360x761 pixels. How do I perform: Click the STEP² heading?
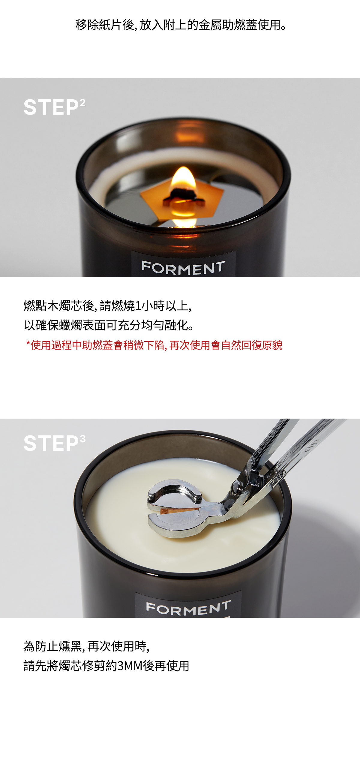tap(54, 107)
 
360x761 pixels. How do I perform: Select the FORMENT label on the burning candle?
tap(183, 268)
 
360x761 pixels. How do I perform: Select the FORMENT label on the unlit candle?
tap(188, 608)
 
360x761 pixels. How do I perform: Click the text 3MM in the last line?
tap(130, 666)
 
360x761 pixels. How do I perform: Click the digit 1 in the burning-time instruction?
tap(138, 306)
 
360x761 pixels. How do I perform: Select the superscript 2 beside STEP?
tap(82, 103)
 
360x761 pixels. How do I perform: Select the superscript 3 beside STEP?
tap(83, 439)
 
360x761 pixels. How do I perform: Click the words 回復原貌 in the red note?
tap(262, 345)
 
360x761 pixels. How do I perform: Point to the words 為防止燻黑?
tap(52, 646)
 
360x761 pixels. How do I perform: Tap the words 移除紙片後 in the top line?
tap(105, 25)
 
